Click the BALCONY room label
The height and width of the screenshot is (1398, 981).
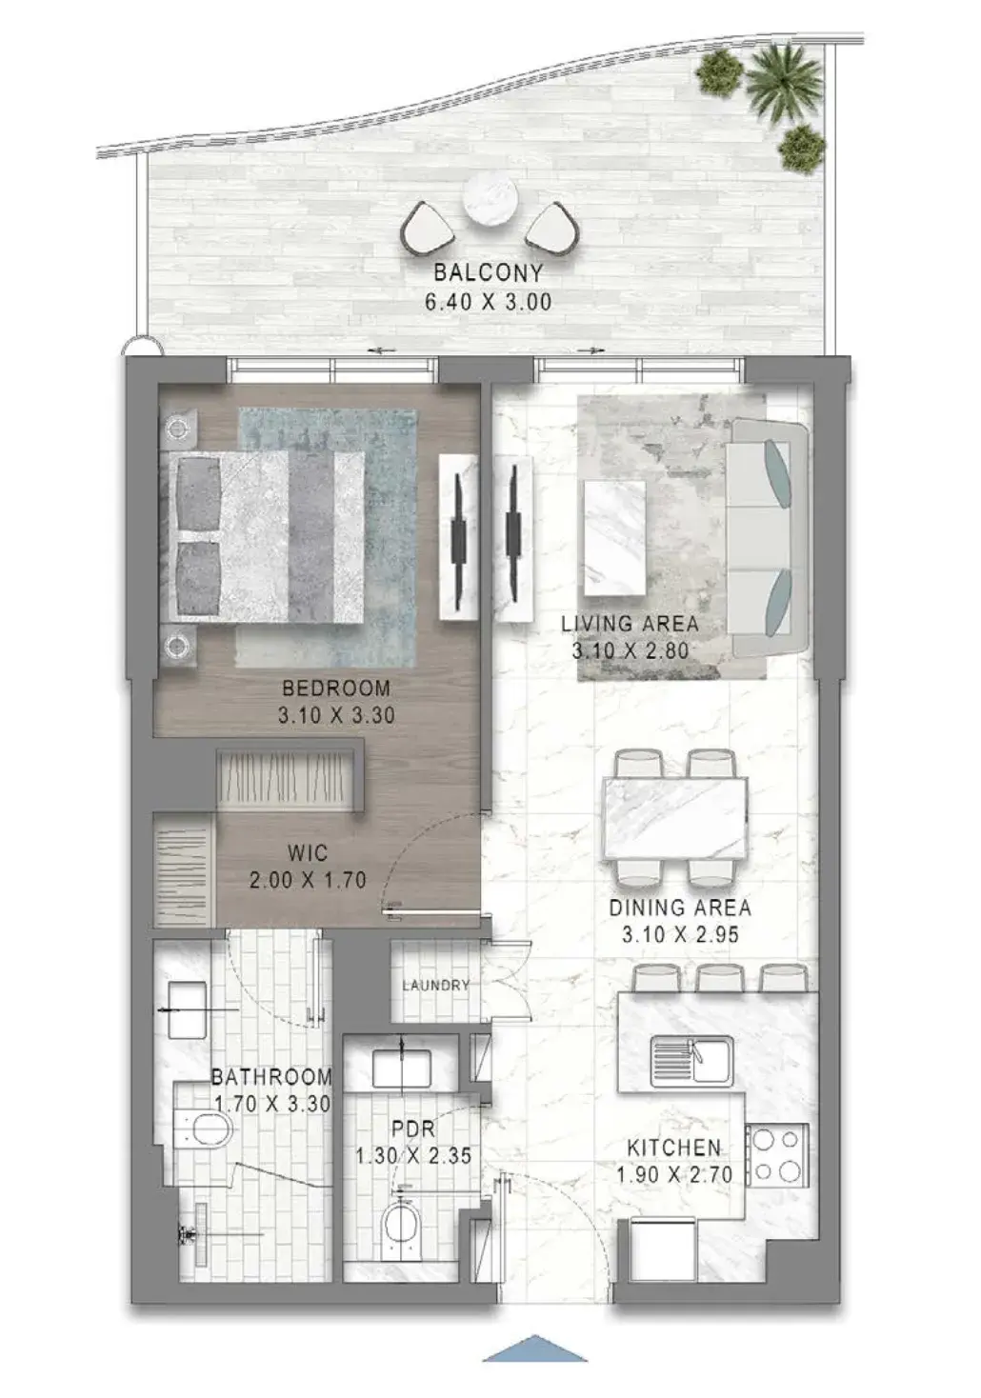click(489, 272)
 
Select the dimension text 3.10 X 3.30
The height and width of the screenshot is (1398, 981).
click(336, 714)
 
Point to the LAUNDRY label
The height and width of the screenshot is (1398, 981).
click(436, 986)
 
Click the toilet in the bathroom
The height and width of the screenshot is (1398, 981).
click(204, 1129)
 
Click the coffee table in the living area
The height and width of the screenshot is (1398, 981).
click(614, 539)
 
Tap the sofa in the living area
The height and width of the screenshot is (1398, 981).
click(770, 537)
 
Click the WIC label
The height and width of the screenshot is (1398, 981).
click(308, 852)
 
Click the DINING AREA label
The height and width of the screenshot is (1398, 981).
click(680, 907)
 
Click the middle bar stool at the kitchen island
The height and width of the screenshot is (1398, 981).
click(718, 978)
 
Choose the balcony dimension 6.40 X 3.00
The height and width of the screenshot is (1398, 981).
click(489, 302)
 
